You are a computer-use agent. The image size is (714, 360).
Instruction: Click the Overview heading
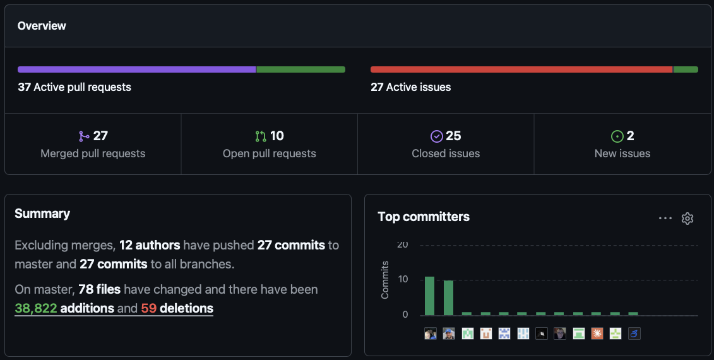(42, 26)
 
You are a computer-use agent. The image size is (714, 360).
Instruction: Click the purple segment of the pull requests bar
(136, 69)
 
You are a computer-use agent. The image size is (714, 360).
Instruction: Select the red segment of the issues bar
(521, 69)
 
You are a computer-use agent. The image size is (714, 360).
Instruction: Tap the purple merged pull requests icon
(84, 136)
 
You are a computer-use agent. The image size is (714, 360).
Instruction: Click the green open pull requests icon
(261, 136)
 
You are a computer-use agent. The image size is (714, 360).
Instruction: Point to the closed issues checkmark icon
(437, 136)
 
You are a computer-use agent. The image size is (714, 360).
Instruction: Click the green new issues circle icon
(617, 136)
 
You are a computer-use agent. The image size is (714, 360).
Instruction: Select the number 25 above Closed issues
(453, 136)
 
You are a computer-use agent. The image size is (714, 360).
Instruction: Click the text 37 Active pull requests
(74, 87)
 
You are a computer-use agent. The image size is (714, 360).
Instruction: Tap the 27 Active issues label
(411, 87)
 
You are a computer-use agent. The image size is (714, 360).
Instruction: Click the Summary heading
(42, 213)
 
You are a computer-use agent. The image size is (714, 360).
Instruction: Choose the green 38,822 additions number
(36, 308)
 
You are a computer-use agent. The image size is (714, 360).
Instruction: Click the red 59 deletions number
(149, 308)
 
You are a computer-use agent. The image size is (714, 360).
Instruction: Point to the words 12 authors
(150, 245)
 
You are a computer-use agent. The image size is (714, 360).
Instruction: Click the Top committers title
(424, 217)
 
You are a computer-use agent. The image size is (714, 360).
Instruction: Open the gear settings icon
(687, 219)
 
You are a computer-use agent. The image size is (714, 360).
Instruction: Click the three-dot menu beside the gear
(665, 219)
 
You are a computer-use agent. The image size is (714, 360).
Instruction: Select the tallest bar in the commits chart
(429, 296)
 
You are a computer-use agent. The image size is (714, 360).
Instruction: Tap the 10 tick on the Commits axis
(403, 279)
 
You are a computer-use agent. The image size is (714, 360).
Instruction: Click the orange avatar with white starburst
(597, 333)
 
